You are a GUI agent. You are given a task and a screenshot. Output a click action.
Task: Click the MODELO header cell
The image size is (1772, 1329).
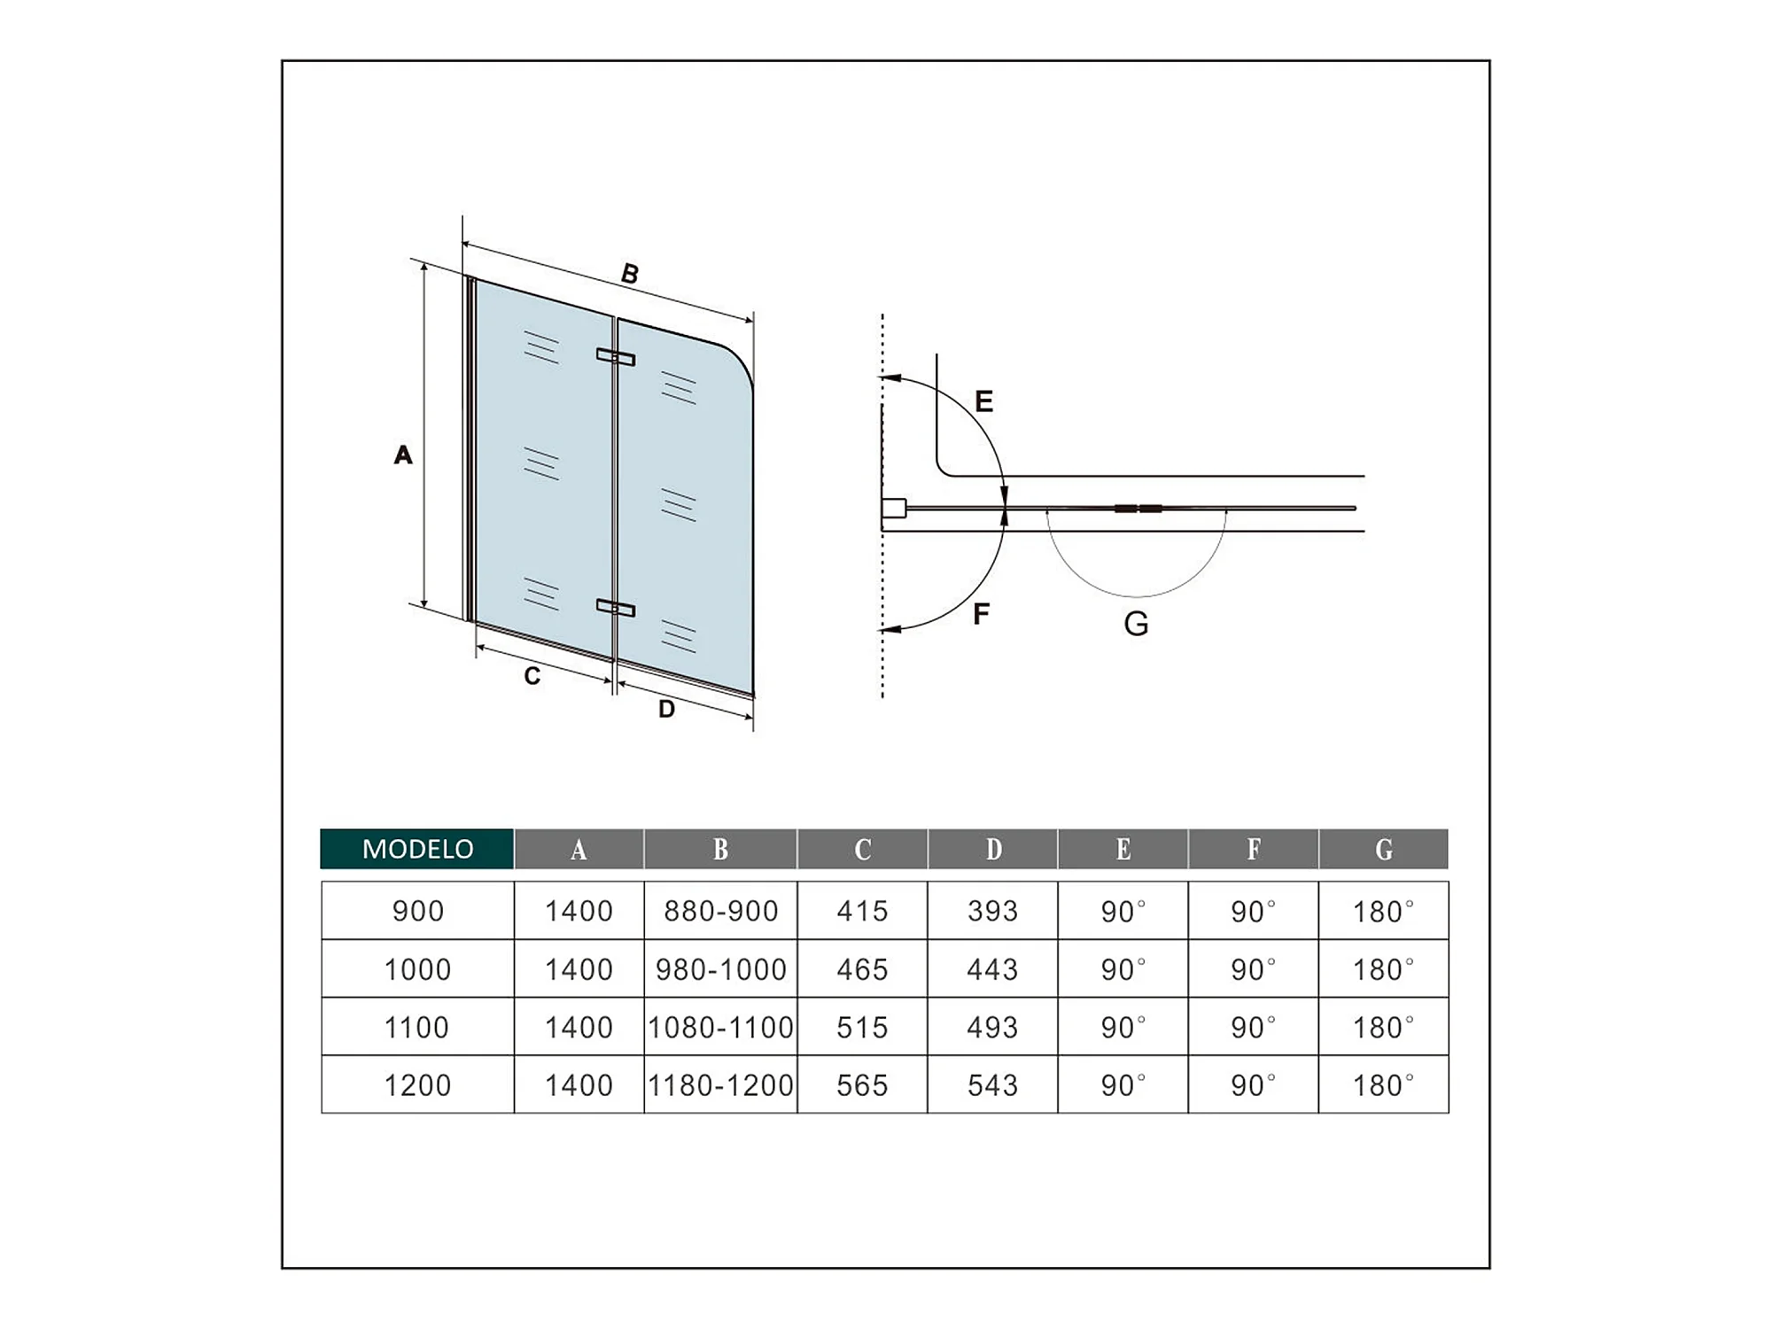pos(417,849)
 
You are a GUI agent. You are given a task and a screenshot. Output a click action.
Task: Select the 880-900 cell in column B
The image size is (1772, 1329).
pos(720,911)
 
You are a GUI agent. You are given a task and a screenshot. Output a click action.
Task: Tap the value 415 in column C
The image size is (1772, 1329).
pos(862,911)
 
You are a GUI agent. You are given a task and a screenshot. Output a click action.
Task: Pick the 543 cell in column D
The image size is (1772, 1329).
pos(992,1085)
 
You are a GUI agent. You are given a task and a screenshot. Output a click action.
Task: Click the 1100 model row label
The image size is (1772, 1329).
pos(416,1028)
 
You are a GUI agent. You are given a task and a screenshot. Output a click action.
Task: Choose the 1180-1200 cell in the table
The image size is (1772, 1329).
pos(720,1085)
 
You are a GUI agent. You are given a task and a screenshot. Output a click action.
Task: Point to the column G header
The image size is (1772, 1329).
pos(1384,850)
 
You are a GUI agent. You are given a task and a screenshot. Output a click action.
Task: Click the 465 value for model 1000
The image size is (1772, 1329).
pos(862,969)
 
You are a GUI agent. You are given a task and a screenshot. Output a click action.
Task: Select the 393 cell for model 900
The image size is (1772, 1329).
pos(992,911)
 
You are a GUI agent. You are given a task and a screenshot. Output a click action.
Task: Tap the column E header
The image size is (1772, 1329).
pos(1123,850)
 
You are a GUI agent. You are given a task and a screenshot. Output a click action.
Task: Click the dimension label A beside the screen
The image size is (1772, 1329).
pos(403,455)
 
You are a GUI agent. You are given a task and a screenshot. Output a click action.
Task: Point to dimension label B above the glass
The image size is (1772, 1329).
pos(630,274)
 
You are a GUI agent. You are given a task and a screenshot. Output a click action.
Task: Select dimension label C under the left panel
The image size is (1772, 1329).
pos(532,676)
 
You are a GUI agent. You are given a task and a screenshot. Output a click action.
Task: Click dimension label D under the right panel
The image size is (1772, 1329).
pos(666,709)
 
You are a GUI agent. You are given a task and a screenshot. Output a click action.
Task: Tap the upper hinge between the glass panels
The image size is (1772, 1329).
pos(615,357)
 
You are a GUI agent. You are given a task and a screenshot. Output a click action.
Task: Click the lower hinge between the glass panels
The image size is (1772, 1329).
pos(615,608)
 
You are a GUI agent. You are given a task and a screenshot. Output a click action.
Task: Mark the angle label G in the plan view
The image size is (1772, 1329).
pos(1136,625)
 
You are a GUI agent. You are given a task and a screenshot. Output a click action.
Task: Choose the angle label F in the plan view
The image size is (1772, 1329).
pos(981,614)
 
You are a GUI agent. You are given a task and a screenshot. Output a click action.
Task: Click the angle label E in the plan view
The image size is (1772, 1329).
pos(983,401)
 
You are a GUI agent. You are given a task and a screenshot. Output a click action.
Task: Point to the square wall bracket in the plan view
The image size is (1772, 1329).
pos(894,509)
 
